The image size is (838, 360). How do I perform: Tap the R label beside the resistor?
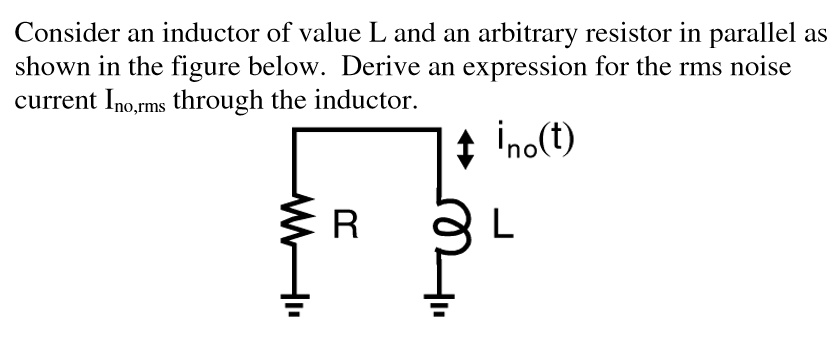pos(344,225)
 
